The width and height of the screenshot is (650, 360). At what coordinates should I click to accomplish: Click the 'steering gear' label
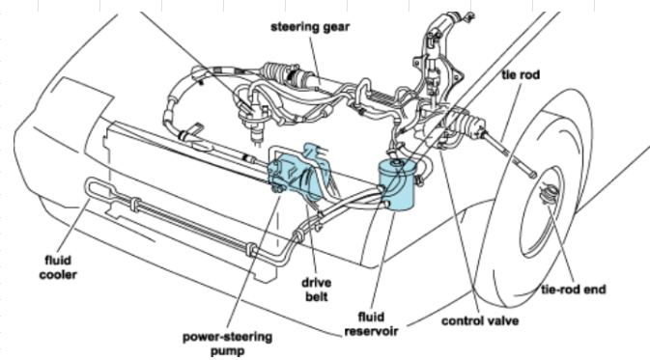[x=310, y=27]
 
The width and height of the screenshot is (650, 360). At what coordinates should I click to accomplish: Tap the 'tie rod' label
[x=521, y=75]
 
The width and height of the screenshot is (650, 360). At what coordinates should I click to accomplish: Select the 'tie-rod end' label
[x=574, y=290]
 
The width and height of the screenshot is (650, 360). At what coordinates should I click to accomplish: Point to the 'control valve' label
[x=480, y=321]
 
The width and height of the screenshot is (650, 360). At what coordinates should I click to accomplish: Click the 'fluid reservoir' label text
[x=371, y=324]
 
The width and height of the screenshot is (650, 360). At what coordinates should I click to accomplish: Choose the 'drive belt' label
[x=316, y=290]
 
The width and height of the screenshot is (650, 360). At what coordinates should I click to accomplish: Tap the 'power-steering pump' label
[x=228, y=344]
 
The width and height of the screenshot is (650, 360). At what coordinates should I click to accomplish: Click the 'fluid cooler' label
[x=58, y=267]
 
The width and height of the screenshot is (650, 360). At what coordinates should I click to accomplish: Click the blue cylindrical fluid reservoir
[x=397, y=185]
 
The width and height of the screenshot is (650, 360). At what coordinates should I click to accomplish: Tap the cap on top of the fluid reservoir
[x=397, y=163]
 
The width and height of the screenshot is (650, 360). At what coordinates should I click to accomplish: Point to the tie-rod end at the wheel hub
[x=550, y=194]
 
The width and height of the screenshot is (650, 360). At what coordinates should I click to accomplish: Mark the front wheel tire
[x=539, y=195]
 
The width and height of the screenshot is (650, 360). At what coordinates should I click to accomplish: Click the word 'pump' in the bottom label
[x=228, y=351]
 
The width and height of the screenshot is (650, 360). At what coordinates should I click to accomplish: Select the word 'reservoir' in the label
[x=371, y=331]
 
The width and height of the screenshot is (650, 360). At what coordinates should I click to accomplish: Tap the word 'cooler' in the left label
[x=58, y=274]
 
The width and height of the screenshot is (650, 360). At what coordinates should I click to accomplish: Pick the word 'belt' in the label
[x=317, y=296]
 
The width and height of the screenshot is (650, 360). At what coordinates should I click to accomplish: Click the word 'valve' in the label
[x=502, y=321]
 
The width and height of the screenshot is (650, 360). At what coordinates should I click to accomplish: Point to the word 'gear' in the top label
[x=336, y=27]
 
